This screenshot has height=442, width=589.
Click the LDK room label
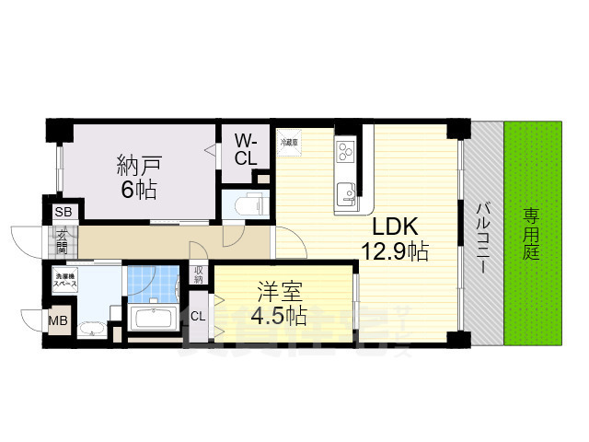tap(396, 227)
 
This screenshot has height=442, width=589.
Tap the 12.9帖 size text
tap(396, 250)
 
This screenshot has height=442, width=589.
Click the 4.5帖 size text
tap(279, 317)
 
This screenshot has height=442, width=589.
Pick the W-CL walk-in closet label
tap(245, 150)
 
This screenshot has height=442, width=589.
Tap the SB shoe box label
tap(63, 213)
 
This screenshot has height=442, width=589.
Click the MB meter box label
tap(57, 321)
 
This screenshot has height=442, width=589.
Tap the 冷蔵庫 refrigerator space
tap(288, 142)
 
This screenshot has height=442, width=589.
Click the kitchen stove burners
tap(346, 149)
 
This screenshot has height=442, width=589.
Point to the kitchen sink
tap(347, 193)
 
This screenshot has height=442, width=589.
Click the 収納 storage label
tap(199, 273)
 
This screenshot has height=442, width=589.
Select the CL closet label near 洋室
tap(197, 316)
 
